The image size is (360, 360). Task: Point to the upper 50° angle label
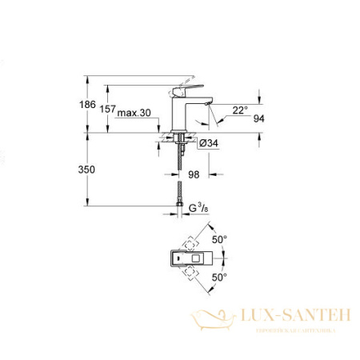221,239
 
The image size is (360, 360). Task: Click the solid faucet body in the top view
184,258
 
